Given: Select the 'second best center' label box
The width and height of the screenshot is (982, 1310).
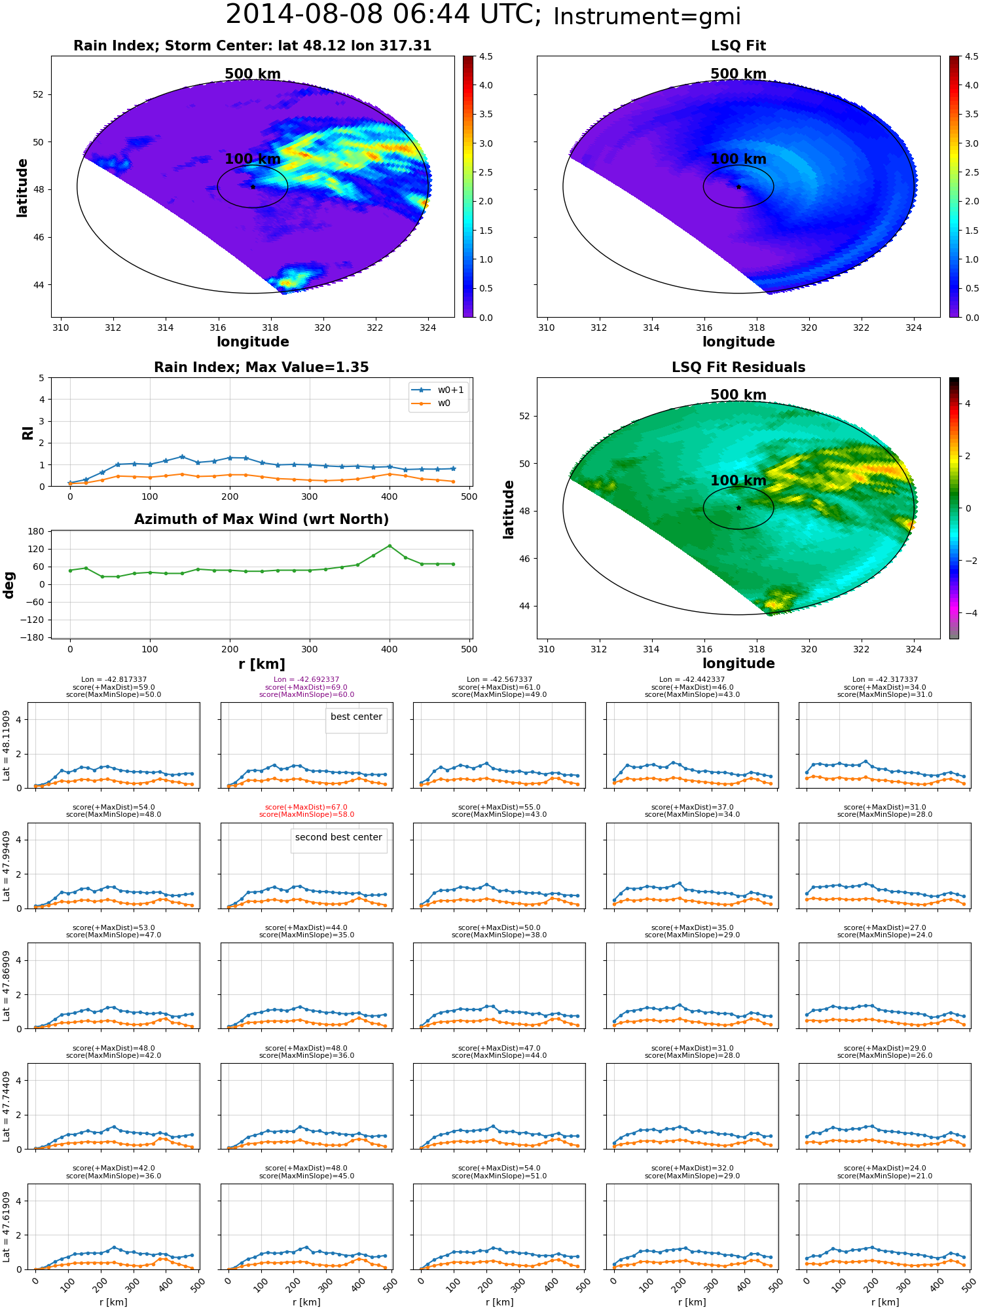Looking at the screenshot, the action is pos(338,840).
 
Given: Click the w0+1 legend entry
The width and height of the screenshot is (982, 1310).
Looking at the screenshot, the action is pos(438,390).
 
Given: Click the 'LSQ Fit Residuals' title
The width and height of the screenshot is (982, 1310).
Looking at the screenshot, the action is pos(738,367).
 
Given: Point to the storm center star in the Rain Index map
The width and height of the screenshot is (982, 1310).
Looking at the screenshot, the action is pos(253,187).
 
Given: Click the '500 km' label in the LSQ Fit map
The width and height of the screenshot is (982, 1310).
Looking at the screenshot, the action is pos(738,74).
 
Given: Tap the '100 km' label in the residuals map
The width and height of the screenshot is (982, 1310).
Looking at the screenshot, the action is pos(738,481).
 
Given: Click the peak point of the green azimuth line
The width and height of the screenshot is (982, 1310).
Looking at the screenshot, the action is pos(390,546).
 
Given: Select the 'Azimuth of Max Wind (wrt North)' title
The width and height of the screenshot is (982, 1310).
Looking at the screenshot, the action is pos(261,519).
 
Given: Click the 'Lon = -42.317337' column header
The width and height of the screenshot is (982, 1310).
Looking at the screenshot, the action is pos(884,680).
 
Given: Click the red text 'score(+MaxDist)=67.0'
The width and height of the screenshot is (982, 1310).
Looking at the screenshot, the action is pos(306,808).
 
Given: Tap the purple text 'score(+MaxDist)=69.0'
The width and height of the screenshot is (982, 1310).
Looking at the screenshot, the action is pos(306,687).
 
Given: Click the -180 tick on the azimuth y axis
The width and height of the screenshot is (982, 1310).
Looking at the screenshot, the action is pos(35,637).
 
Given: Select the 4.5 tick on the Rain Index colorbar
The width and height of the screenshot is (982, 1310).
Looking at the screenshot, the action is pos(486,56).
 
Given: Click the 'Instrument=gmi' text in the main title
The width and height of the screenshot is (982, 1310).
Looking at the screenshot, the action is pos(647,17).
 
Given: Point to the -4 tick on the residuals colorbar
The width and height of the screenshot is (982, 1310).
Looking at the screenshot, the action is pos(968,613).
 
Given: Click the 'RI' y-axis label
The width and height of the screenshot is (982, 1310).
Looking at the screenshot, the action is pos(28,432).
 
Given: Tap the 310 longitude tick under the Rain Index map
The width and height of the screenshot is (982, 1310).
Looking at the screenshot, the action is pos(60,327).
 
